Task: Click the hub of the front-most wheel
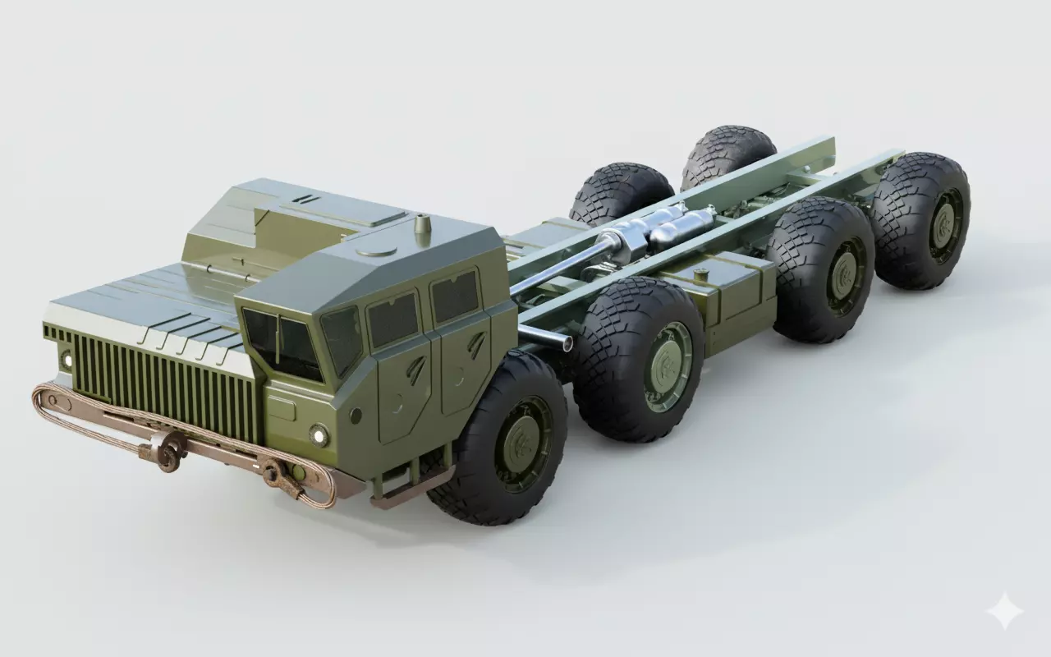point(518,444)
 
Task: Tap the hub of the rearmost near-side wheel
point(943,221)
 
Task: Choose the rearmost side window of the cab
point(455,296)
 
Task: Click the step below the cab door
point(400,493)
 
